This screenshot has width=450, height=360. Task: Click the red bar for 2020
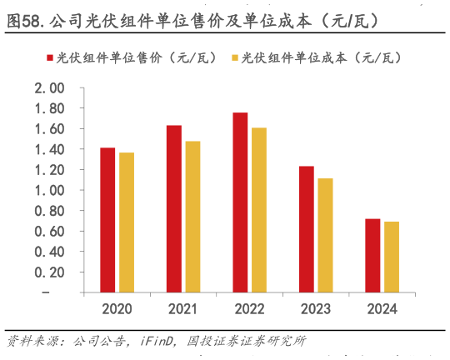point(107,220)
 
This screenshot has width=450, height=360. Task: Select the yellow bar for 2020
point(126,222)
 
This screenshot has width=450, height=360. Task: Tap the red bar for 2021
point(173,208)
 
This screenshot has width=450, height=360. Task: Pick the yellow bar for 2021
point(192,217)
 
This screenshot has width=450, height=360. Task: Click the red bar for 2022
point(240,202)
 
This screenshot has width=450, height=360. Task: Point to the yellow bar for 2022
point(258,210)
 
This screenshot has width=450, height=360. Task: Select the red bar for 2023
point(307,229)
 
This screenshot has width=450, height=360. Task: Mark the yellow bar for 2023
point(325,235)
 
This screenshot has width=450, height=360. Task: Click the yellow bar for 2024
point(391,257)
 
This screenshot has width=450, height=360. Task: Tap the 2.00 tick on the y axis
point(49,88)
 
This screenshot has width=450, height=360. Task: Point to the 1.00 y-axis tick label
point(49,190)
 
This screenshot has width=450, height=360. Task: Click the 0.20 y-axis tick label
point(49,272)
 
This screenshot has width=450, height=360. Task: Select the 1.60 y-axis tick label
point(49,129)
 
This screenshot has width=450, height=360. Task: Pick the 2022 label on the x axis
point(249,309)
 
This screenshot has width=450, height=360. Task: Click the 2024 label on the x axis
point(382,309)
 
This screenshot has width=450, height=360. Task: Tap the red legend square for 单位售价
point(51,57)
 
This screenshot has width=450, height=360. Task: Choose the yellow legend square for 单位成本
point(236,57)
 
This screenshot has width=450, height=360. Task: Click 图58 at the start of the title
point(25,20)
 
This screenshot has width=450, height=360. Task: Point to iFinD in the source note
point(157,340)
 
